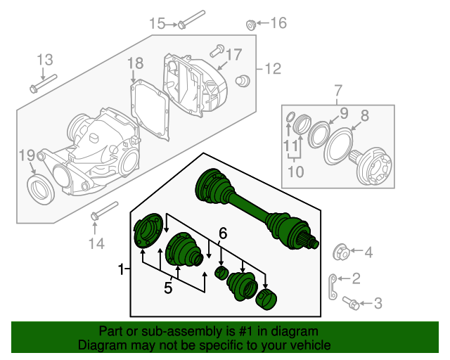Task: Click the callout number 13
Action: coord(45,59)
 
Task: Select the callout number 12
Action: coord(272,69)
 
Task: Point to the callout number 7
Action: coord(337,91)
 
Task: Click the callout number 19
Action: coord(26,155)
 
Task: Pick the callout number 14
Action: coord(96,243)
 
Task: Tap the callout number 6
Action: coord(222,232)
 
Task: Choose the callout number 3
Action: coord(378,304)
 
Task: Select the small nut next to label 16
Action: coord(250,25)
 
